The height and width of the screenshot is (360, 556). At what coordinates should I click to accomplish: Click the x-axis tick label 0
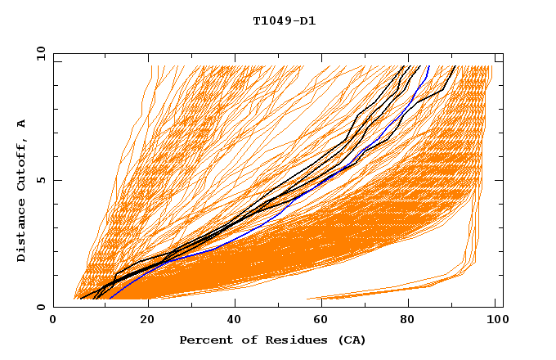coord(53,322)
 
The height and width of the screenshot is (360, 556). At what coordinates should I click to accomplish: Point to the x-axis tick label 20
coord(146,322)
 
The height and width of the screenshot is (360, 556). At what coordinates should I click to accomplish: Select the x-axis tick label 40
coord(235,322)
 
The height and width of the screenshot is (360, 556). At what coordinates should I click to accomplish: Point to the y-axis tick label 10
coord(40,53)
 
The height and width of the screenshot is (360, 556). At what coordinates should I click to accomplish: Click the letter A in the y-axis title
coord(21,123)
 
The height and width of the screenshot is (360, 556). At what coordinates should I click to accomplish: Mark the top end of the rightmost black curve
coord(455,66)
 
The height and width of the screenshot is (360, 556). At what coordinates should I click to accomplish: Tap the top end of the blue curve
coord(429,66)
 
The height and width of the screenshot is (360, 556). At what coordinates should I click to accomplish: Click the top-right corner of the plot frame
coord(502,53)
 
